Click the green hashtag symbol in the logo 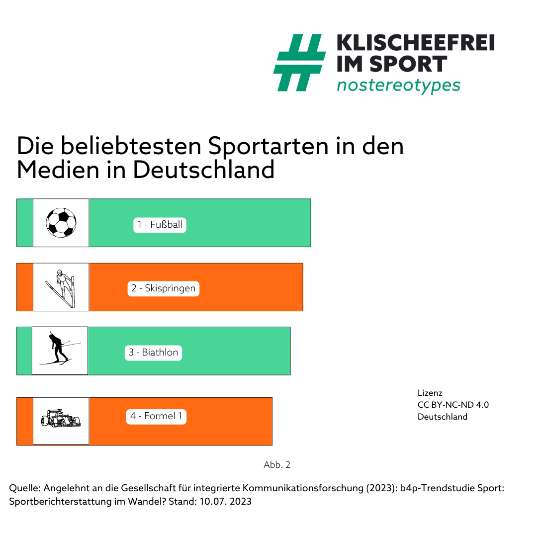click(299, 63)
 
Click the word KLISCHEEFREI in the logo click(416, 43)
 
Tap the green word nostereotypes click(398, 85)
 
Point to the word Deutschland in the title click(204, 170)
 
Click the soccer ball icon click(61, 222)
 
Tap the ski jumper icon click(61, 287)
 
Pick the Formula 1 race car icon click(61, 419)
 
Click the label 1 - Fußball click(160, 225)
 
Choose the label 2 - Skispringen click(164, 288)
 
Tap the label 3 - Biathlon click(153, 353)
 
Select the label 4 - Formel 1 click(157, 416)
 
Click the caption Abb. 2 click(277, 465)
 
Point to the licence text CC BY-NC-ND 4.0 click(453, 405)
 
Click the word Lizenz click(430, 393)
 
